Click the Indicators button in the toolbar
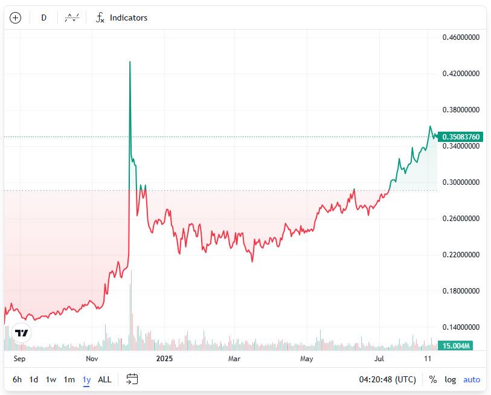(121, 18)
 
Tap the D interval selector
(43, 18)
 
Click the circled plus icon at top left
(16, 18)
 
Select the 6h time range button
(17, 379)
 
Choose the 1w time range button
(51, 379)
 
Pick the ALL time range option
(104, 379)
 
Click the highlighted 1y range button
(86, 379)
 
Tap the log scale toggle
(451, 379)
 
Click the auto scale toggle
(472, 379)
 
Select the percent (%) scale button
(433, 379)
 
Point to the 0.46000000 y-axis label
(461, 37)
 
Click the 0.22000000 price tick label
(461, 255)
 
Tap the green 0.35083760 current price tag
(461, 137)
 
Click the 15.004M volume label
(456, 345)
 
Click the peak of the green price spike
(130, 62)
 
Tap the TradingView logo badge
(22, 333)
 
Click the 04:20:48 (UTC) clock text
(388, 379)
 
